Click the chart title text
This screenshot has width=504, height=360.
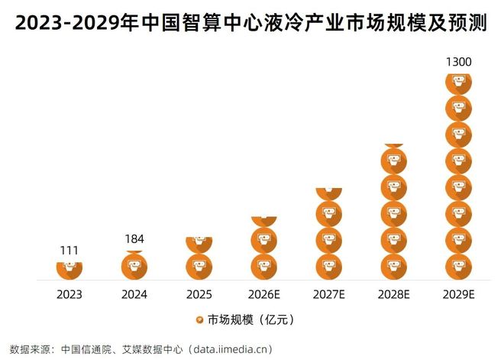[x=252, y=24]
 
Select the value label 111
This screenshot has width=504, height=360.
[x=69, y=250]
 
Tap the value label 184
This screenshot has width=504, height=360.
[x=134, y=238]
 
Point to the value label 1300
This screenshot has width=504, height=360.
[x=458, y=61]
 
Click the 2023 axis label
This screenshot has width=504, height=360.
[x=69, y=294]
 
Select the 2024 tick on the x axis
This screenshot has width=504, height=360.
[x=134, y=294]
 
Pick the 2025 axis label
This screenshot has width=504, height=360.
[x=199, y=294]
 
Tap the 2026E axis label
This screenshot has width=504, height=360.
[x=264, y=294]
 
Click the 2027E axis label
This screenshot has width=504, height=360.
[x=328, y=294]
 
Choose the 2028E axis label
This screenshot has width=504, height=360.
[x=394, y=294]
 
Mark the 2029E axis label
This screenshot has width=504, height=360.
[x=458, y=294]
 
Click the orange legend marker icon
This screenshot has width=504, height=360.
[x=199, y=319]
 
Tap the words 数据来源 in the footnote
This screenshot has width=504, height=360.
[x=26, y=349]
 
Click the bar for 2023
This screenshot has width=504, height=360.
[x=69, y=270]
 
